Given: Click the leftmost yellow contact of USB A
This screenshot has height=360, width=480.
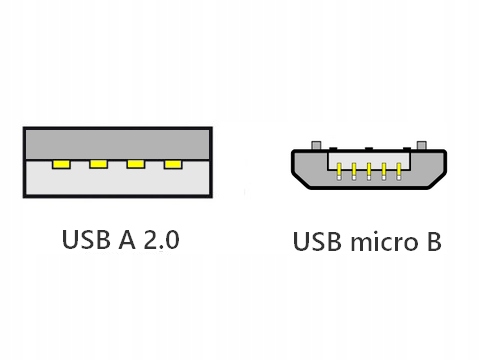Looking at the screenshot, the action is tap(59, 163).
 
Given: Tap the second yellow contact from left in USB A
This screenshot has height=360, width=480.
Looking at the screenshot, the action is tap(98, 163).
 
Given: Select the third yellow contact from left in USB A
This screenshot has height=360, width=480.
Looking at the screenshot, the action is tap(136, 163).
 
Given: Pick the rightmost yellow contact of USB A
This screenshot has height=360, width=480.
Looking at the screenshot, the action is tap(174, 163).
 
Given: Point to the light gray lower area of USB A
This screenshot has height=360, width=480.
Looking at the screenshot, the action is tap(116, 182).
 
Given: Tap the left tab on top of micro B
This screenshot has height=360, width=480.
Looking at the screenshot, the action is tap(317, 145).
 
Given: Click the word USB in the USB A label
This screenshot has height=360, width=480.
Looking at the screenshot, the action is tap(85, 241).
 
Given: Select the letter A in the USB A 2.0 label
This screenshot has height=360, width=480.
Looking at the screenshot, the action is tap(128, 241).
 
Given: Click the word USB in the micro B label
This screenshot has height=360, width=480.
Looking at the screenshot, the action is tap(316, 243).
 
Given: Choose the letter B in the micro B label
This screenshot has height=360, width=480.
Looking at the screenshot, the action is tap(431, 243).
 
